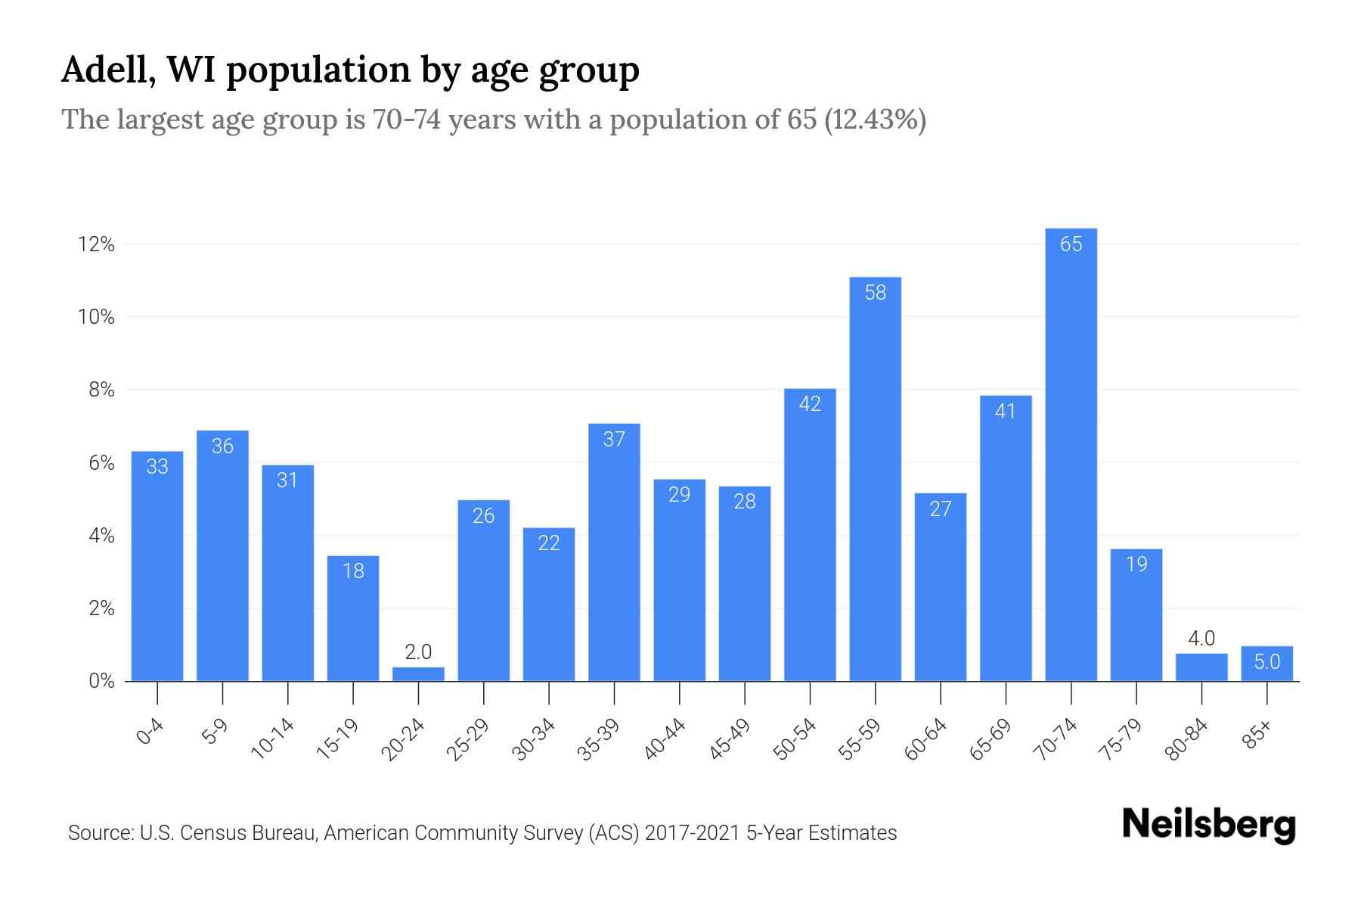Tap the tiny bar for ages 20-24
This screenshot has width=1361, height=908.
click(x=418, y=674)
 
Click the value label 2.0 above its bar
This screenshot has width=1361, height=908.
click(x=418, y=651)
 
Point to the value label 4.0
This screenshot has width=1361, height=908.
click(x=1201, y=638)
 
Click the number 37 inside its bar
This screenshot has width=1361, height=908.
click(x=614, y=439)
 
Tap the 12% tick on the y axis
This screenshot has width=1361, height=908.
click(x=95, y=244)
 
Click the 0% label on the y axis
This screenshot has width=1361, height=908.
click(x=101, y=681)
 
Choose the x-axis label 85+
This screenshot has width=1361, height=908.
click(x=1257, y=735)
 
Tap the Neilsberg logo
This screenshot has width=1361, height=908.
click(x=1208, y=825)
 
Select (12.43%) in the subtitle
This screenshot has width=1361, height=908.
click(x=875, y=120)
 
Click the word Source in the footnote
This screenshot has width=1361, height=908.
click(x=98, y=833)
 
